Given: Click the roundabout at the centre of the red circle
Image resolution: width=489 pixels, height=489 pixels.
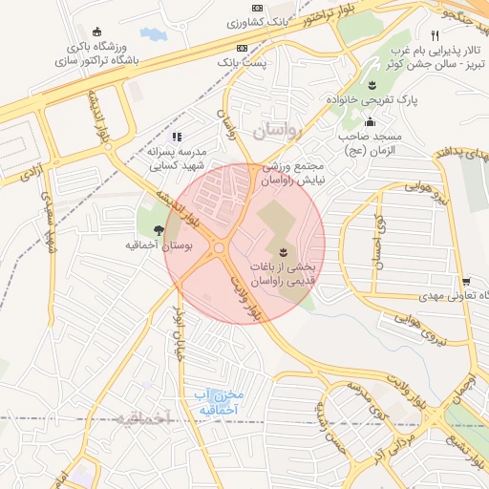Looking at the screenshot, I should coord(220,248).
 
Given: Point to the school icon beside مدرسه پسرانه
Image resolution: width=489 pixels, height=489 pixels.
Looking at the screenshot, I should coord(177,136).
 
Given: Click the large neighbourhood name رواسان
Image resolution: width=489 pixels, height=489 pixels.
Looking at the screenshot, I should coord(277,127).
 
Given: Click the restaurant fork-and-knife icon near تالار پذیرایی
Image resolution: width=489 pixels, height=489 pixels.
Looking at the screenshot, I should coord(435,35).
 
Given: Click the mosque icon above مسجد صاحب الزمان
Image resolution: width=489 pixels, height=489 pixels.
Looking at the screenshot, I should coord(370,121).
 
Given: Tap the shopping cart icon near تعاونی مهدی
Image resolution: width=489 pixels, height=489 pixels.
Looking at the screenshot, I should coord(465,282).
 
